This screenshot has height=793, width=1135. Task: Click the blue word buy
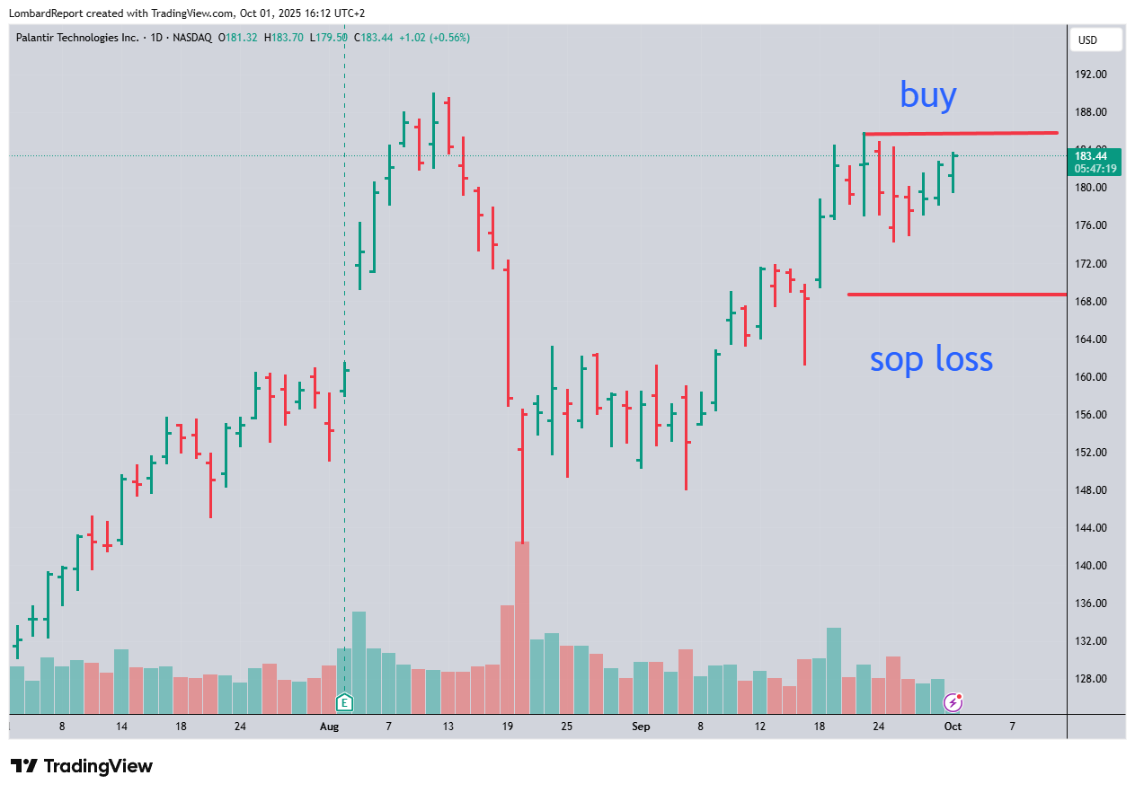[x=928, y=95]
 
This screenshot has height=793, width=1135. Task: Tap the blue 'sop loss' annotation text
[x=931, y=359]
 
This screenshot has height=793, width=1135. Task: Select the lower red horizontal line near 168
[x=956, y=294]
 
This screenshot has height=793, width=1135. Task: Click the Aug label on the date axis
[x=329, y=726]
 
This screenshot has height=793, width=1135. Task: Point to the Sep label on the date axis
[x=641, y=726]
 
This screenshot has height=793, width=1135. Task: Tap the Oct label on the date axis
[x=953, y=726]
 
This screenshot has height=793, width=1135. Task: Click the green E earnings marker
[x=344, y=701]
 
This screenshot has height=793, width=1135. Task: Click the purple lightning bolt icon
[x=953, y=701]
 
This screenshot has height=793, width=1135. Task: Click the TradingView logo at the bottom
[x=82, y=766]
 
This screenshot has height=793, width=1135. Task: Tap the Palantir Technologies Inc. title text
[x=77, y=38]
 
